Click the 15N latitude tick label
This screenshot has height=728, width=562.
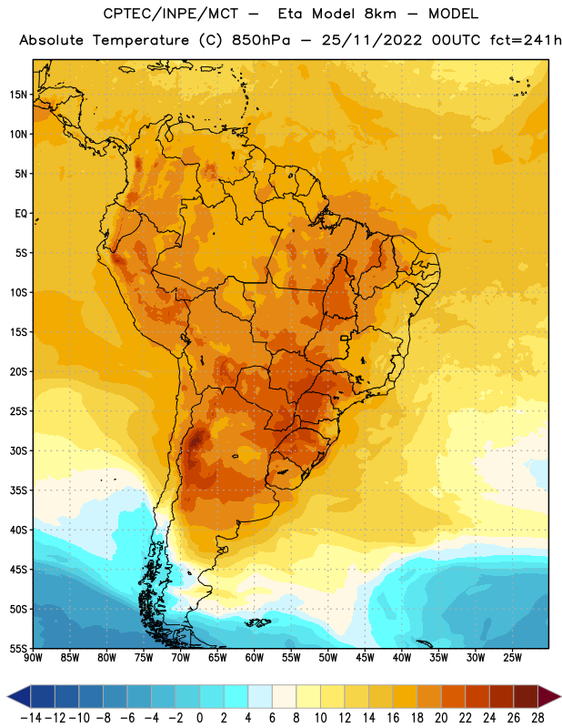pyautogui.click(x=18, y=95)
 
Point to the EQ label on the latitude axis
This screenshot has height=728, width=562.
pyautogui.click(x=21, y=214)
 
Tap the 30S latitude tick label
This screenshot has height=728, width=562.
pyautogui.click(x=18, y=450)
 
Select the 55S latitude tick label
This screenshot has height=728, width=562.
pyautogui.click(x=18, y=648)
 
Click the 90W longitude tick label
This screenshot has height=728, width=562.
pyautogui.click(x=33, y=658)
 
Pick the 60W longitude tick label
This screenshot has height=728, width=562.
pyautogui.click(x=255, y=658)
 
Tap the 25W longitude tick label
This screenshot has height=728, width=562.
pyautogui.click(x=512, y=658)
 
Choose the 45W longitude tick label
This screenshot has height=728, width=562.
pyautogui.click(x=365, y=658)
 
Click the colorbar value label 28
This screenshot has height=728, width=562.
pyautogui.click(x=537, y=718)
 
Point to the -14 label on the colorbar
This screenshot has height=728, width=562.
pyautogui.click(x=31, y=718)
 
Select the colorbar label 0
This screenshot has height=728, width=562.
pyautogui.click(x=199, y=718)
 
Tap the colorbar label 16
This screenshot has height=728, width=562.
pyautogui.click(x=393, y=718)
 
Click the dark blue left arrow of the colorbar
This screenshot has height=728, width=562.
pyautogui.click(x=19, y=696)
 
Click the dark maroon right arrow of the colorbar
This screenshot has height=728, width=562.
pyautogui.click(x=549, y=696)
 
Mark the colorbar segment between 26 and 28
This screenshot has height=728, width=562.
pyautogui.click(x=526, y=696)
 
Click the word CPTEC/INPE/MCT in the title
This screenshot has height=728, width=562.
pyautogui.click(x=171, y=14)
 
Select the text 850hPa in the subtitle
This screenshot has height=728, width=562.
pyautogui.click(x=261, y=40)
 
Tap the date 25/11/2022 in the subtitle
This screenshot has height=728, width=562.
pyautogui.click(x=372, y=40)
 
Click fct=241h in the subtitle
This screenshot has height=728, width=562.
pyautogui.click(x=526, y=40)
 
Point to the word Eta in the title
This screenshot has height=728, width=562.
pyautogui.click(x=290, y=14)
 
